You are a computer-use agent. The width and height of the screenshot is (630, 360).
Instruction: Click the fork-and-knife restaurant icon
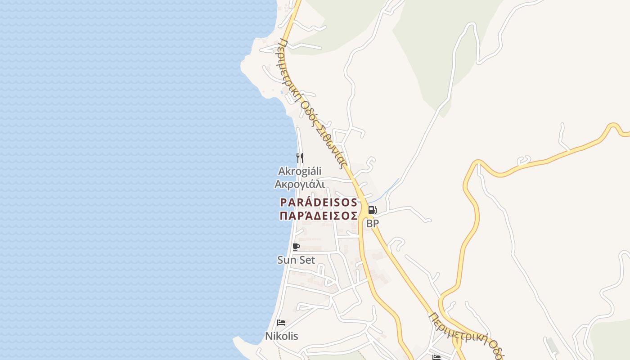[x=300, y=157]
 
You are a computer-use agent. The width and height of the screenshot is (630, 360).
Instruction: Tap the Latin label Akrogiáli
[x=300, y=171]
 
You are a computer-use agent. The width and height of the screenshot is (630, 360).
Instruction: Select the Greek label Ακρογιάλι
[x=300, y=184]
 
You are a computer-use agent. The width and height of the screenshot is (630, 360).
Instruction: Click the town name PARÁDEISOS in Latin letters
[x=319, y=202]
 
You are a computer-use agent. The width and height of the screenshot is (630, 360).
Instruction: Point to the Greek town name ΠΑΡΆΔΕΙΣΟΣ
[x=319, y=216]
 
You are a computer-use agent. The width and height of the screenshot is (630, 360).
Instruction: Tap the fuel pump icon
[x=372, y=210]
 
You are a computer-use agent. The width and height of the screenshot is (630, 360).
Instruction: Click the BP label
[x=372, y=223]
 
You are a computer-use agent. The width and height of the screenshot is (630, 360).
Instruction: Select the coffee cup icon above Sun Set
[x=296, y=247]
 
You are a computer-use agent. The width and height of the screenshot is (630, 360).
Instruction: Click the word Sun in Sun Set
[x=286, y=260]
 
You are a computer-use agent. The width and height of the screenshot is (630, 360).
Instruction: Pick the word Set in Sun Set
[x=307, y=260]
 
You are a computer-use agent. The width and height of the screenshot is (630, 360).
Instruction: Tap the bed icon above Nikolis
[x=281, y=322]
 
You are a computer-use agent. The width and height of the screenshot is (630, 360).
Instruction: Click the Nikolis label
[x=281, y=336]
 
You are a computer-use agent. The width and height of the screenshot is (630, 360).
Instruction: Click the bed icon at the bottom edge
[x=436, y=357]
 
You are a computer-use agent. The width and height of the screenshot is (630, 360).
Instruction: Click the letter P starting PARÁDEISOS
[x=283, y=202]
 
